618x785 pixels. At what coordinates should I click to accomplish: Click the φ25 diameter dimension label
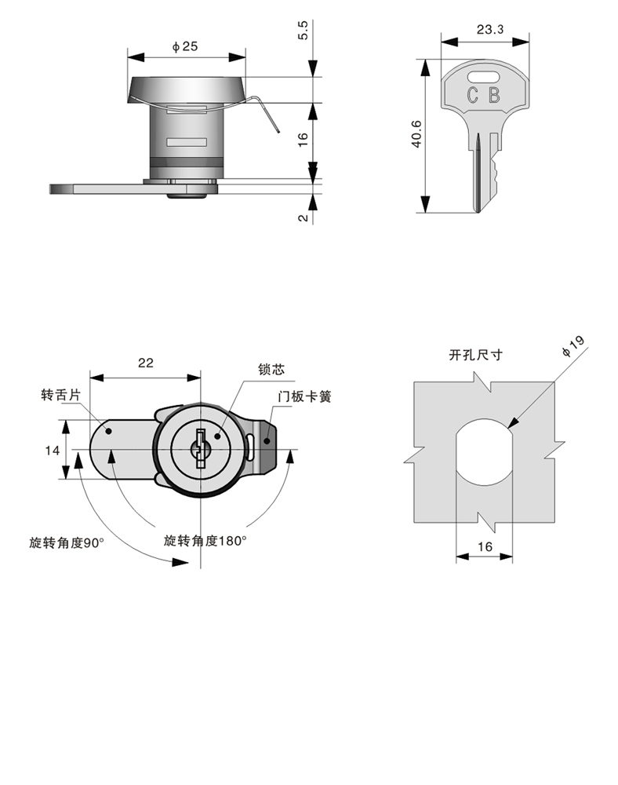[185, 47]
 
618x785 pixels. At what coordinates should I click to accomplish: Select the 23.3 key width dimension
[489, 30]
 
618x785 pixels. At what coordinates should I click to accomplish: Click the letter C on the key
[473, 97]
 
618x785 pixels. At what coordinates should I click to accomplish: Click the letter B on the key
[494, 97]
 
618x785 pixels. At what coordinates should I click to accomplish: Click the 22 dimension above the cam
[145, 363]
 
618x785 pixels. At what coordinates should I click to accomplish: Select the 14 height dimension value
[53, 450]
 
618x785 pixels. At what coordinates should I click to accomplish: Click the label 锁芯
[271, 369]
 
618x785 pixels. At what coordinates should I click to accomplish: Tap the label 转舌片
[60, 396]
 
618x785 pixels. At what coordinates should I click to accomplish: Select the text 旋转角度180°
[205, 541]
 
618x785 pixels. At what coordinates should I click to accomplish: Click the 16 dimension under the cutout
[485, 547]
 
